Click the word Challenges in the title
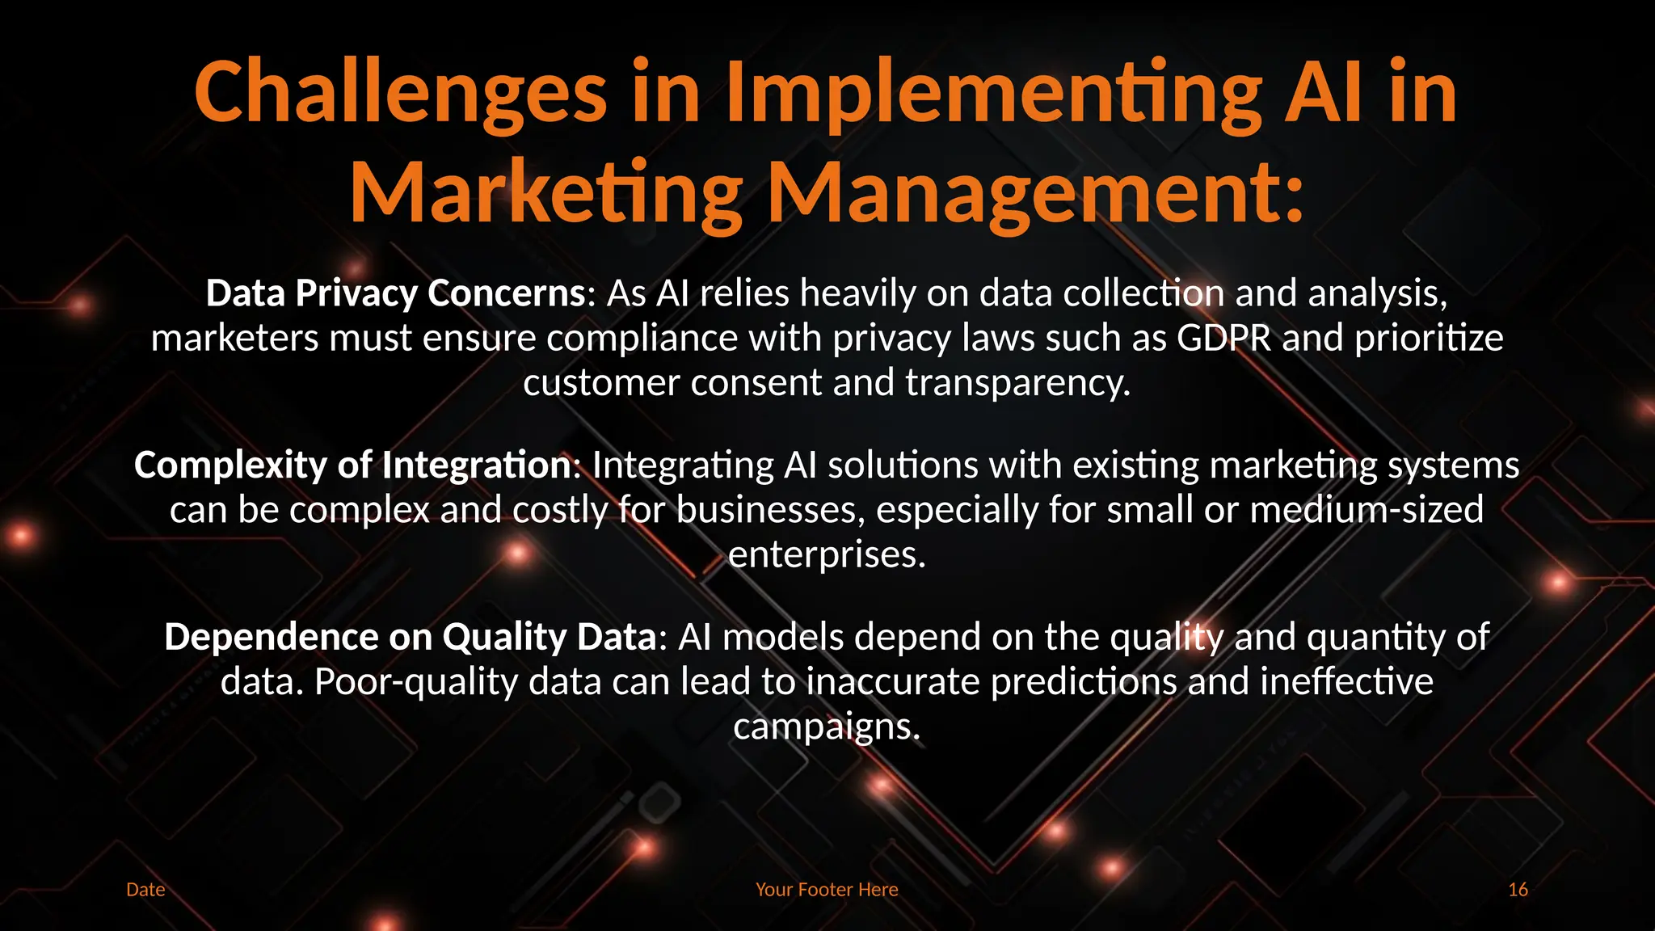point(400,93)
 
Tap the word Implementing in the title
point(993,93)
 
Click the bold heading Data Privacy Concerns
point(395,293)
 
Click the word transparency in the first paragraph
point(1017,383)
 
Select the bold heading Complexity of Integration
point(353,465)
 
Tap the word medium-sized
point(1367,510)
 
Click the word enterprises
point(827,555)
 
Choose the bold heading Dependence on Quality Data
point(411,638)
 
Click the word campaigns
point(827,727)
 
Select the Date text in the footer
point(145,890)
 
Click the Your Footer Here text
point(827,890)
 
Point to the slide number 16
point(1518,890)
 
